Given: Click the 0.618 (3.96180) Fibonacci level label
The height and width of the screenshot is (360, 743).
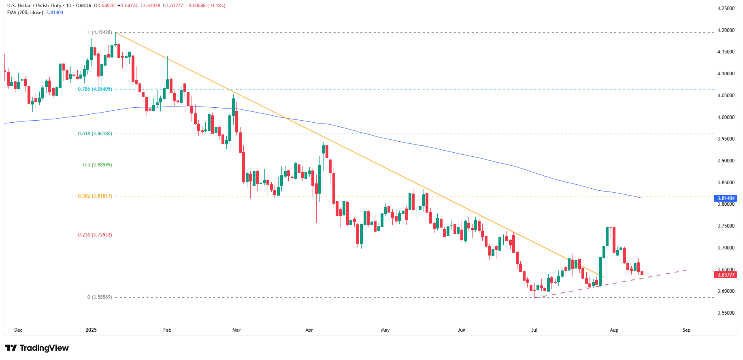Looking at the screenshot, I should [x=95, y=134].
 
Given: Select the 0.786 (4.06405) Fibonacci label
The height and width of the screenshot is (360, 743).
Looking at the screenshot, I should [x=95, y=89].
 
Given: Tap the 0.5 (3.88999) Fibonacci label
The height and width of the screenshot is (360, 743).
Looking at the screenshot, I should [x=97, y=165].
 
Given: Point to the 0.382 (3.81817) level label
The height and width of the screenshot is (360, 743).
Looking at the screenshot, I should [x=95, y=196].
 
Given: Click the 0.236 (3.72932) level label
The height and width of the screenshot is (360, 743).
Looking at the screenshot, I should [x=95, y=235].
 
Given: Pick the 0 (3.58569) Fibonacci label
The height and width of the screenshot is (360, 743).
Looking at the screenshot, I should [x=99, y=297].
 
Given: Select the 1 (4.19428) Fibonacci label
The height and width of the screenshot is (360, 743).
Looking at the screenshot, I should [x=100, y=32].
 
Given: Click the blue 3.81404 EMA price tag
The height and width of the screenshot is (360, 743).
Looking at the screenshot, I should [x=726, y=198].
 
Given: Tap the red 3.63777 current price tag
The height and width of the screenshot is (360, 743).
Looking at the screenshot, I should [x=726, y=275].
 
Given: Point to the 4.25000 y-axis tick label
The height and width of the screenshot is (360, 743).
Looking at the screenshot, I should [x=726, y=9].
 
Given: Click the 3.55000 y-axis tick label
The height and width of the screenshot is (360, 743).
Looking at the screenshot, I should [x=726, y=313].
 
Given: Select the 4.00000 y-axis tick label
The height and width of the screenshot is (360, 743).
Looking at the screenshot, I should [x=726, y=117].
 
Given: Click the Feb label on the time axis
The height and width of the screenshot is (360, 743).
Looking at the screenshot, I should [x=167, y=330].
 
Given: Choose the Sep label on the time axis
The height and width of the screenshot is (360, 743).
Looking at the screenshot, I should [x=686, y=330].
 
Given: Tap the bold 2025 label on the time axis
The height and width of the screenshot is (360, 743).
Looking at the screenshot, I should [x=91, y=330].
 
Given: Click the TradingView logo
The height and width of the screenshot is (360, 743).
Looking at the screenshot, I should [x=37, y=348].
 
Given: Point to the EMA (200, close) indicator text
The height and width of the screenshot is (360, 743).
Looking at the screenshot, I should [x=25, y=13].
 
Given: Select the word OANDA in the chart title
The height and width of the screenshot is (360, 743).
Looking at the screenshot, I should [x=84, y=6].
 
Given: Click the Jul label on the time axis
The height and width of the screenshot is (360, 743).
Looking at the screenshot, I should [x=534, y=330].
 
